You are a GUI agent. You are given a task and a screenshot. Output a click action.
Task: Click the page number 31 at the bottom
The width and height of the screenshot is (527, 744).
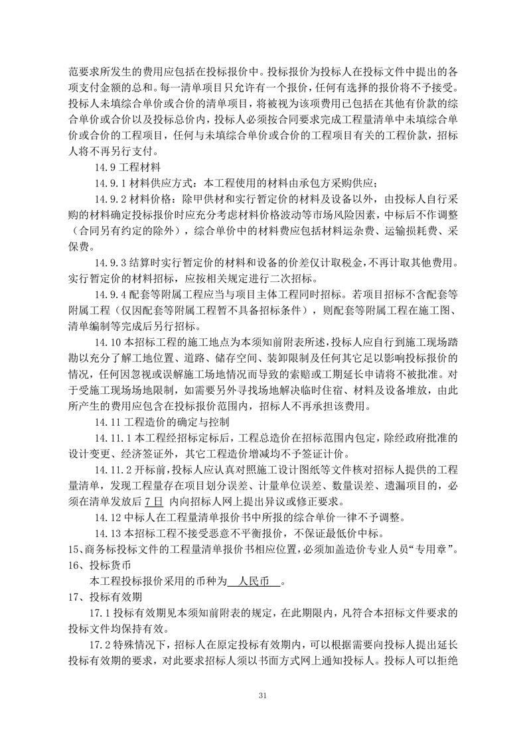click(263, 695)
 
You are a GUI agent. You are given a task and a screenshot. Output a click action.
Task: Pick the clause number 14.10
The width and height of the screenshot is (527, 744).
click(107, 342)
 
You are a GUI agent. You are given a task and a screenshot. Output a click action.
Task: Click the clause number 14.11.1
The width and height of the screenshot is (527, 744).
click(112, 438)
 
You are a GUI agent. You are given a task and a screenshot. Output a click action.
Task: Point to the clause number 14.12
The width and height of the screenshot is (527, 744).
click(107, 517)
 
